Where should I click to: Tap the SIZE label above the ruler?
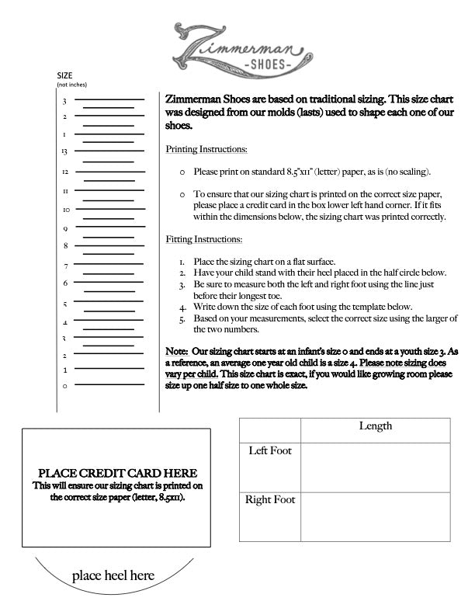coord(65,75)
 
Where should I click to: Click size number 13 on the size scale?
coord(65,151)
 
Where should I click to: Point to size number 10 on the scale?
coord(66,210)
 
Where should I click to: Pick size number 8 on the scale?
coord(65,246)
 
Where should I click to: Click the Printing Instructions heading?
coord(207,148)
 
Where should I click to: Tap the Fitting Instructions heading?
coord(204,239)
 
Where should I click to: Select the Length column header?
coord(375,426)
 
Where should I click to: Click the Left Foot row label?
coord(269,451)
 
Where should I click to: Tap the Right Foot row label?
coord(270,500)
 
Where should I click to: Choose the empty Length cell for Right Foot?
coord(375,516)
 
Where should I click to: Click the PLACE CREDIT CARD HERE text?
coord(118,473)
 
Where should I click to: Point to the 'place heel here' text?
coord(113,576)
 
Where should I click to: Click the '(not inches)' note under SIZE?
coord(68,84)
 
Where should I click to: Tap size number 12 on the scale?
coord(65,171)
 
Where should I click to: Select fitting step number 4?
coord(182,307)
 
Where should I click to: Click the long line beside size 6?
coord(109,283)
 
